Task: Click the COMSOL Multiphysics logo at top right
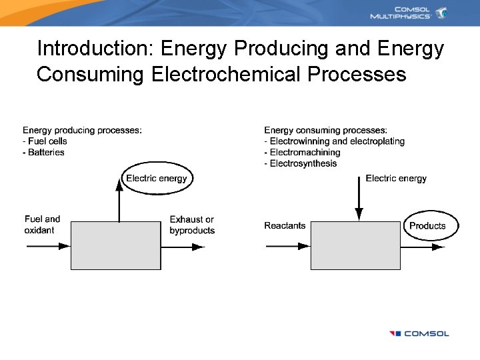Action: (409, 13)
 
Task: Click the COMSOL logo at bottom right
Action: (419, 333)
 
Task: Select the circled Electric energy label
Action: (157, 178)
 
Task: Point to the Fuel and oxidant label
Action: (42, 225)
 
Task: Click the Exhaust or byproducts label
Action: (192, 225)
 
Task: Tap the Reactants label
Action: (285, 225)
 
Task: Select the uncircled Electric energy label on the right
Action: (396, 178)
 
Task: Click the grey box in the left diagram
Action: (116, 245)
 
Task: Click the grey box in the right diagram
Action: (355, 245)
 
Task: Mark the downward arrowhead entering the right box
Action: (359, 214)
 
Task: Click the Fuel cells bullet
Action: (45, 141)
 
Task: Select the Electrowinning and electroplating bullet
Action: (334, 141)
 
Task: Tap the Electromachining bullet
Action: (302, 153)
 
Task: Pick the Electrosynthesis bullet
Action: (301, 164)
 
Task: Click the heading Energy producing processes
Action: (82, 130)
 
